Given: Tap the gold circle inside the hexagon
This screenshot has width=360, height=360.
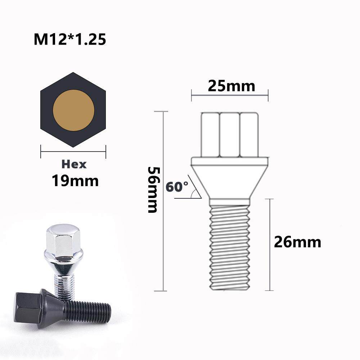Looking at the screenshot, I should tap(73, 110).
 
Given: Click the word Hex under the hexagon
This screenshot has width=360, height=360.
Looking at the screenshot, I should tap(74, 165).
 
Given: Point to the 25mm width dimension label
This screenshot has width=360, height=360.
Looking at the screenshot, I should tap(231, 86).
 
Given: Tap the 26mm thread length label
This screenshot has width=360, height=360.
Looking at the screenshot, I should tap(297, 242).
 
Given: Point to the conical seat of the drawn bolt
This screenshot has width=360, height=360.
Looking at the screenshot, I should tap(230, 178).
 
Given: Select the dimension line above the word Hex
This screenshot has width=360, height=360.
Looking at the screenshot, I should tap(73, 152).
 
